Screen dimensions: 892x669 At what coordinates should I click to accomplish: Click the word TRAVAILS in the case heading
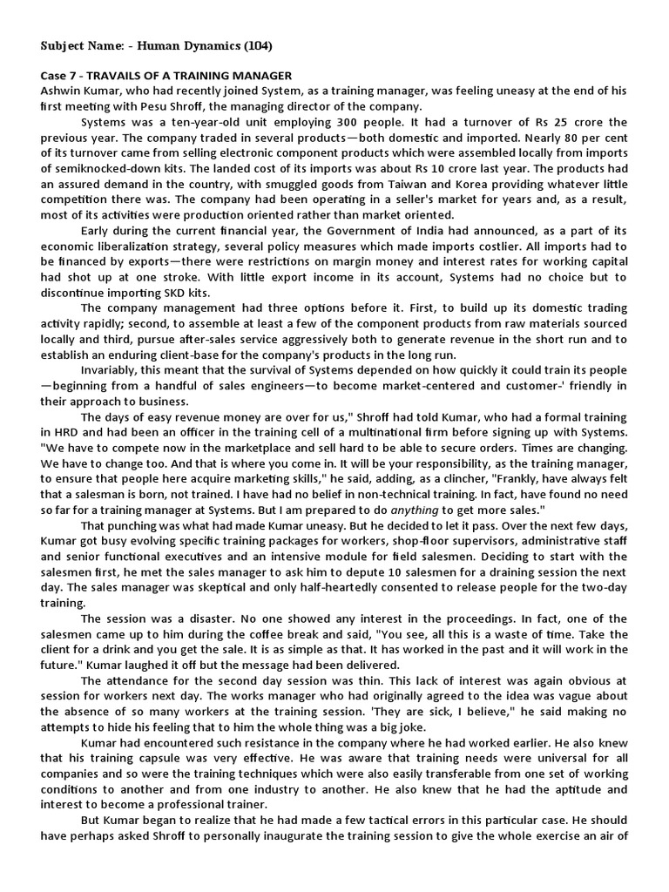click(115, 76)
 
